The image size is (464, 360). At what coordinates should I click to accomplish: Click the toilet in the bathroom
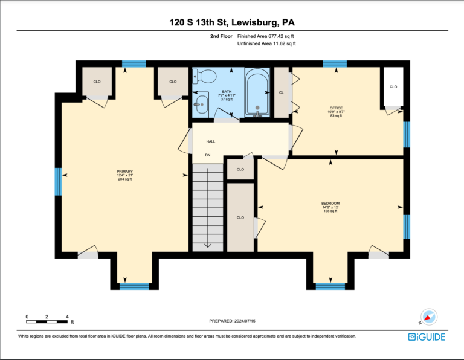tap(204, 77)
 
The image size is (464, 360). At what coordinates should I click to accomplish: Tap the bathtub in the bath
tap(257, 92)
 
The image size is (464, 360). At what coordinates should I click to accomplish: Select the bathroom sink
tap(201, 104)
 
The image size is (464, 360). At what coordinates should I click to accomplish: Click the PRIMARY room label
tap(124, 172)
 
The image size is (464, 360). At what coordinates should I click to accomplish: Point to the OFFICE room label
tap(336, 108)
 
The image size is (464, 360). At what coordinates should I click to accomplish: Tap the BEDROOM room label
tap(330, 203)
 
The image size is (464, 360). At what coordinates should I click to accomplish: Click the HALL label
tap(211, 141)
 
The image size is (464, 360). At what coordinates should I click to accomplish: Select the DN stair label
tap(208, 155)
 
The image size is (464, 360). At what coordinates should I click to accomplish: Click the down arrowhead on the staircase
tap(208, 245)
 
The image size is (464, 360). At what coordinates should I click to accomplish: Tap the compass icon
tap(428, 317)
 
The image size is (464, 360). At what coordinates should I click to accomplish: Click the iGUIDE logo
tap(427, 337)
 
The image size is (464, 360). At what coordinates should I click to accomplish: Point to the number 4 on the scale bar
tap(67, 317)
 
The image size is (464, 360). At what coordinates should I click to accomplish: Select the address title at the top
tap(232, 22)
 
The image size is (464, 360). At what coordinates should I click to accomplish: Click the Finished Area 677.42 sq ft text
tap(265, 36)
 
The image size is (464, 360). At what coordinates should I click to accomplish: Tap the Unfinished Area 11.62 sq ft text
tap(266, 43)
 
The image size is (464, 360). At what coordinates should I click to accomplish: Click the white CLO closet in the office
tap(393, 86)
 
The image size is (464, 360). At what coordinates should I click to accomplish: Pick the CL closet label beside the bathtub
tap(281, 92)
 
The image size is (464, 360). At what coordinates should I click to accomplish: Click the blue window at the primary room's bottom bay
tap(134, 286)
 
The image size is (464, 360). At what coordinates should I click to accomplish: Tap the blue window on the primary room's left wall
tap(58, 182)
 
